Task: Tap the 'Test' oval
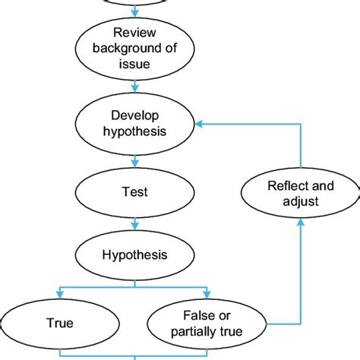coord(134,192)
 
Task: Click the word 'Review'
coord(134,32)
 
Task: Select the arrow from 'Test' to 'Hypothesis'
coord(134,223)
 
